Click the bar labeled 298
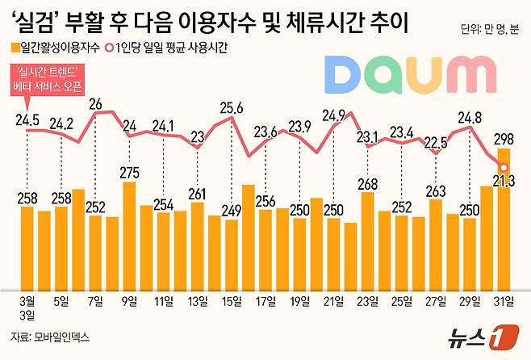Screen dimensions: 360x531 504,218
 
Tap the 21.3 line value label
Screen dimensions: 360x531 504,186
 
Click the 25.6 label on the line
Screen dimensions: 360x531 232,107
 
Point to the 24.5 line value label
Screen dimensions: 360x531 27,120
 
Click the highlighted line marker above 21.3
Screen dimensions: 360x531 504,168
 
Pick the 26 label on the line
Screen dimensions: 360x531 95,103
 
